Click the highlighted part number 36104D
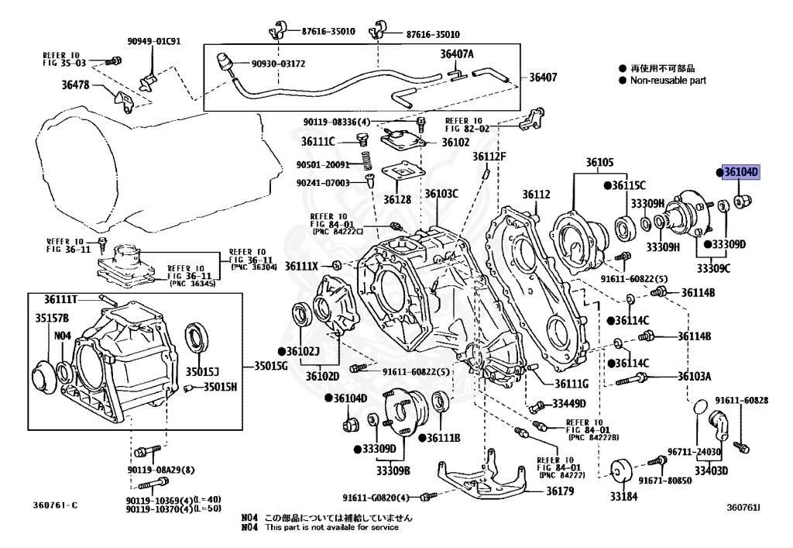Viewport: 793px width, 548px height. tap(741, 172)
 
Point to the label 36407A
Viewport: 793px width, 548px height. tap(457, 54)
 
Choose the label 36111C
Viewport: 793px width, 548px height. tap(318, 141)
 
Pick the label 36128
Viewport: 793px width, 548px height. tap(398, 199)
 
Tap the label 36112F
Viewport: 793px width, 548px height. tap(489, 157)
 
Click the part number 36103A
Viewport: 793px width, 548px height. tap(694, 376)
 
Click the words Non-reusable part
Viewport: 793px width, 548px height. tap(668, 80)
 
